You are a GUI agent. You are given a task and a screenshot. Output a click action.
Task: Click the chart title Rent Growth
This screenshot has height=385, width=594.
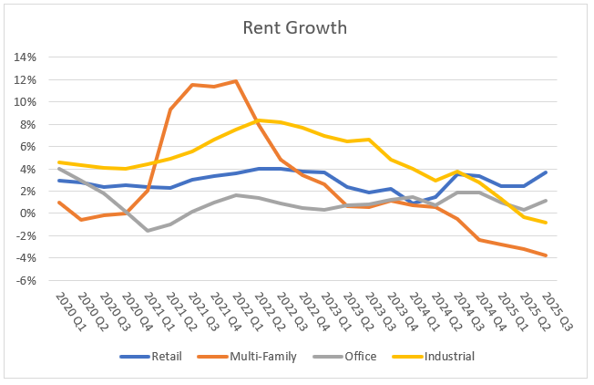click(294, 27)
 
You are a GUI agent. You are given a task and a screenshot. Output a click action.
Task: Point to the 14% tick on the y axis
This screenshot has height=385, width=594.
click(24, 57)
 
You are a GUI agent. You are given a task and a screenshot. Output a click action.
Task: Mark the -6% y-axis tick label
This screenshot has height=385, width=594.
click(25, 281)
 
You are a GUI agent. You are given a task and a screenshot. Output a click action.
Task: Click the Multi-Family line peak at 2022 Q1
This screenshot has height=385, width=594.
click(237, 81)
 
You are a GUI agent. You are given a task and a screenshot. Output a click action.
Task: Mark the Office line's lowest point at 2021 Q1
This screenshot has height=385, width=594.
click(148, 231)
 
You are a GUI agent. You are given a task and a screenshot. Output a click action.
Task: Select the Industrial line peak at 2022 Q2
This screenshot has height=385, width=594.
click(259, 120)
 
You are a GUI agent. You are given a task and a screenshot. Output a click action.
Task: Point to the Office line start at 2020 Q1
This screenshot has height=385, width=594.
click(59, 169)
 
